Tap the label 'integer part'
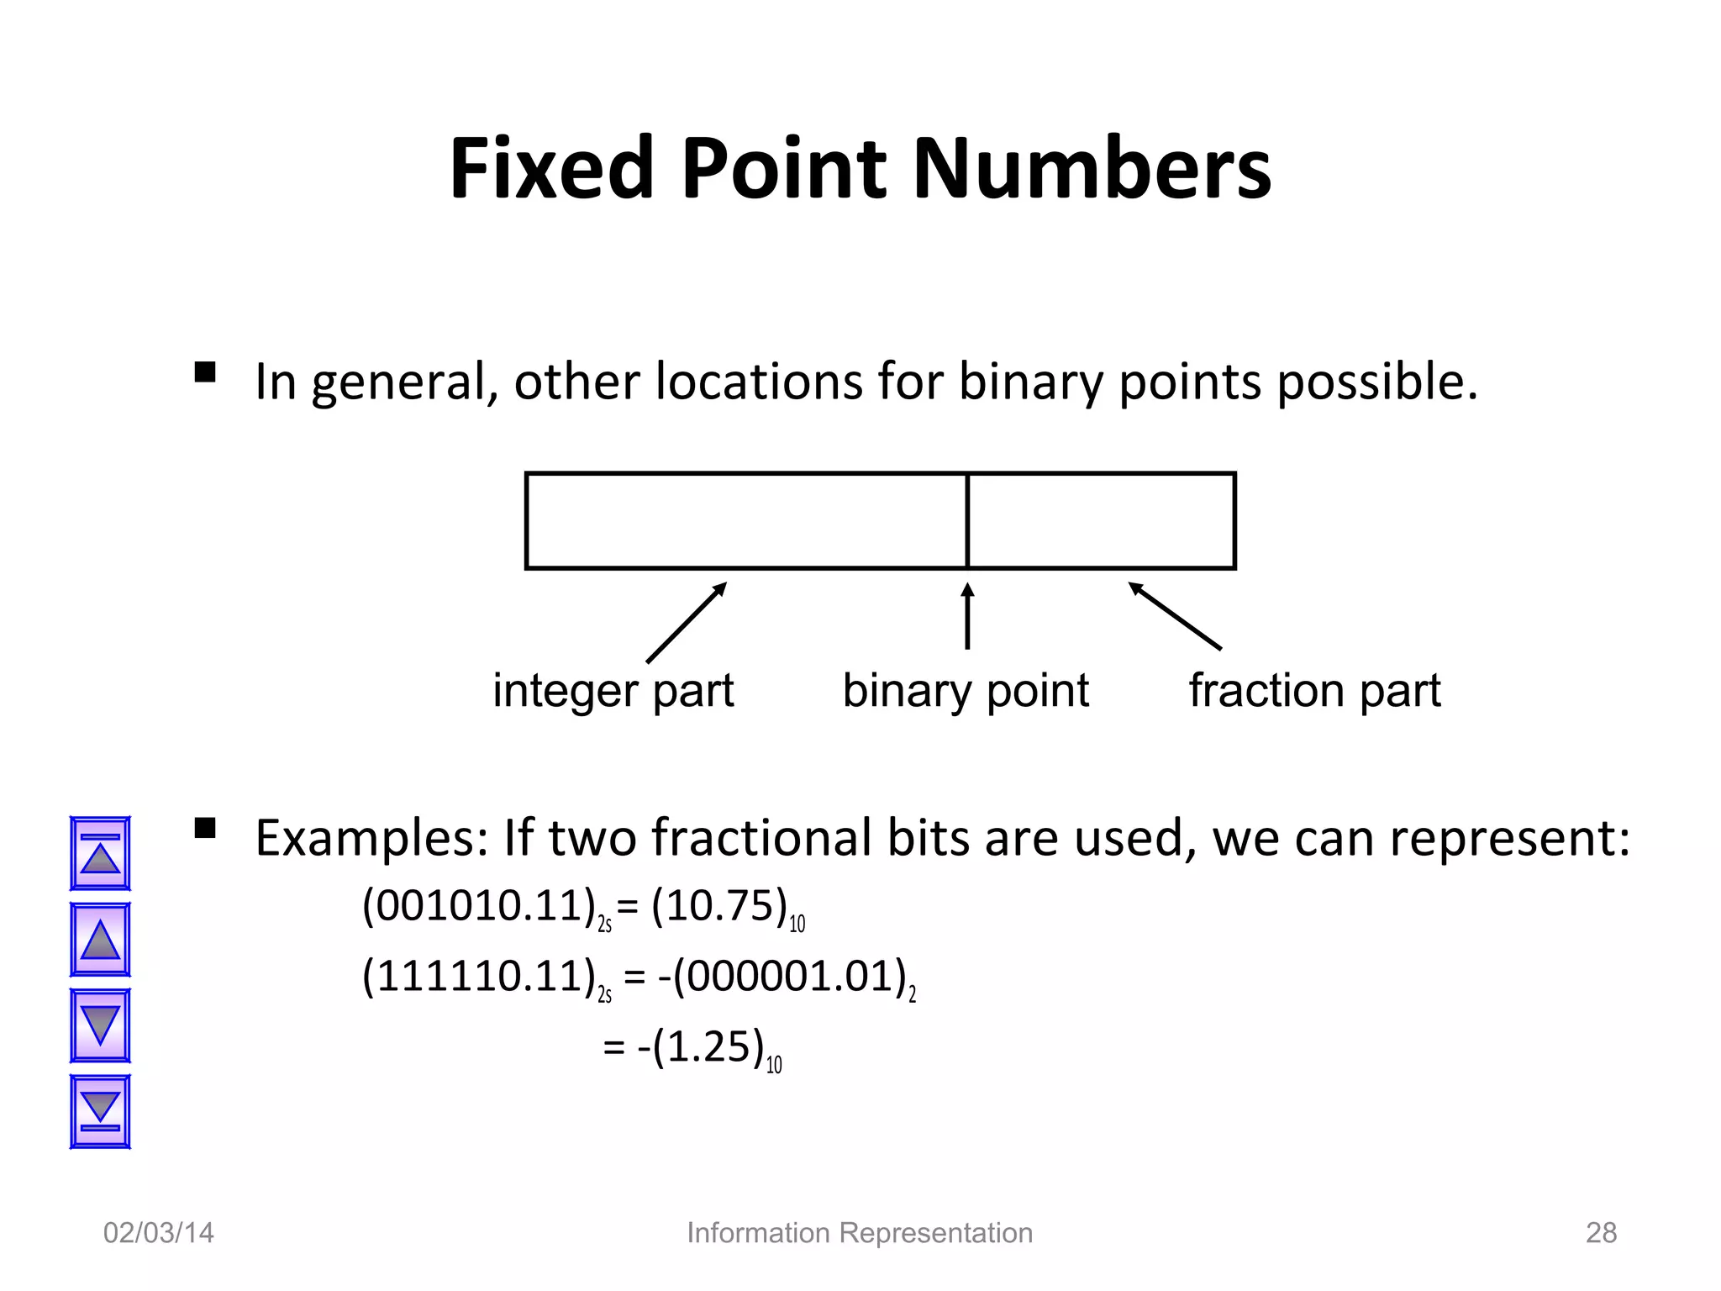click(613, 691)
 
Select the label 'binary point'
click(966, 691)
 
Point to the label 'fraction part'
click(1314, 691)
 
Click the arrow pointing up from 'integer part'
click(686, 623)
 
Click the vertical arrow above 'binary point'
click(967, 616)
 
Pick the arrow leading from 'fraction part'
click(1174, 615)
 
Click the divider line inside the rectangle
click(967, 521)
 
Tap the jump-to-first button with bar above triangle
click(100, 853)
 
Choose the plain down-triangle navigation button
click(100, 1025)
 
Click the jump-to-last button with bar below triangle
click(100, 1111)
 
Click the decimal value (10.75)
click(719, 906)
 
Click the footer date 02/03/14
click(158, 1233)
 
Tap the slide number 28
click(1601, 1233)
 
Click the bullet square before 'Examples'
click(205, 829)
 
